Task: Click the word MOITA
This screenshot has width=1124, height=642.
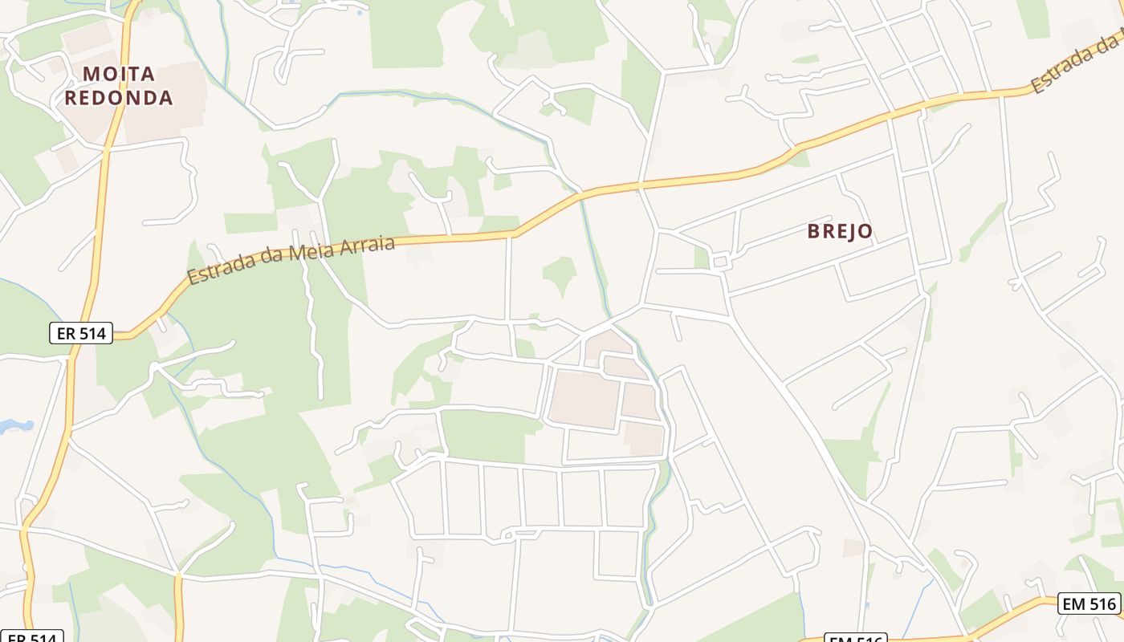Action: pyautogui.click(x=119, y=74)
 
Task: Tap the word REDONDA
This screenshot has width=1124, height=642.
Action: pyautogui.click(x=119, y=98)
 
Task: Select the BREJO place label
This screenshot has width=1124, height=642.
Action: pyautogui.click(x=840, y=232)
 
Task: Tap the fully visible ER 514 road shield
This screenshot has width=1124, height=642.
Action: pyautogui.click(x=81, y=333)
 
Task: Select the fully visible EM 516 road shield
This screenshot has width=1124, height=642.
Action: pyautogui.click(x=1089, y=603)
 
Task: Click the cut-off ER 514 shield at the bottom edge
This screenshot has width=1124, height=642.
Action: pyautogui.click(x=31, y=637)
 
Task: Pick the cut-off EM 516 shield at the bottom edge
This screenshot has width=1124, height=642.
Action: pyautogui.click(x=856, y=638)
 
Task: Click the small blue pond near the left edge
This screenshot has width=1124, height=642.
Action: pyautogui.click(x=16, y=426)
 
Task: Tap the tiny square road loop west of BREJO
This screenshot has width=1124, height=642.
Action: pyautogui.click(x=719, y=262)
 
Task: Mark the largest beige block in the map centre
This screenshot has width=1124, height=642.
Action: pyautogui.click(x=584, y=399)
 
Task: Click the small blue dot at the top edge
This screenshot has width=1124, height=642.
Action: pyautogui.click(x=359, y=13)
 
